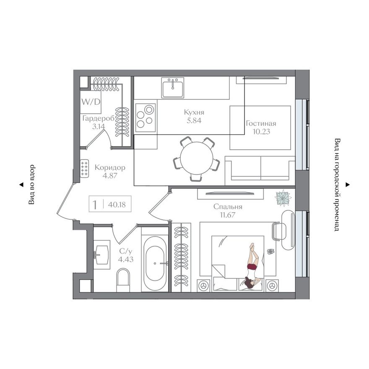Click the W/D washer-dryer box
coord(91,101)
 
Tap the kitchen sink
coord(173,88)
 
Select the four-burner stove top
coord(146,117)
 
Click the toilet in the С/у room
coord(123,281)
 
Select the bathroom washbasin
coord(101,255)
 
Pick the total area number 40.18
coord(117,205)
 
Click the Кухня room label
coord(194,112)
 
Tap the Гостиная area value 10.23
coord(261,132)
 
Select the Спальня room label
coord(228,207)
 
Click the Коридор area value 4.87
coord(110,176)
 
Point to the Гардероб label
coord(98,118)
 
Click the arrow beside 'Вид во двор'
coord(21,185)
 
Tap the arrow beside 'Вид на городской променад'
coord(347,185)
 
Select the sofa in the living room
coord(260,171)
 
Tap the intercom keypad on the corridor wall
coord(84,168)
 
